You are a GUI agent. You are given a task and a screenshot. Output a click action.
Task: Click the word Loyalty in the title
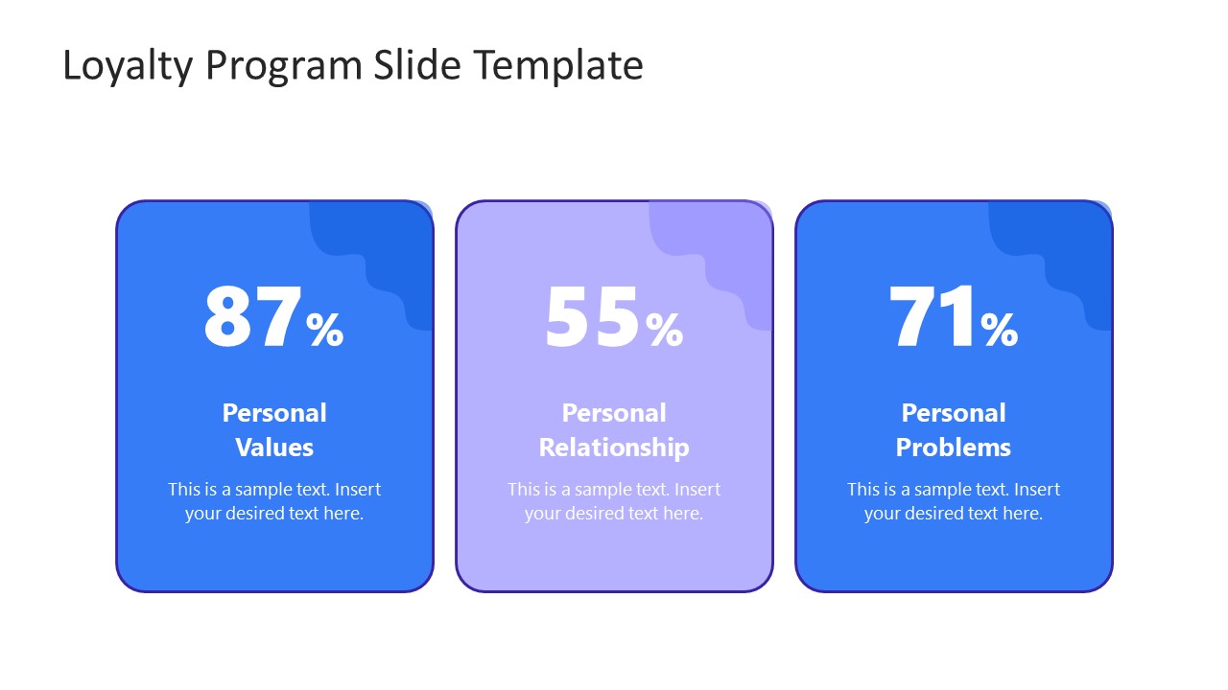128,66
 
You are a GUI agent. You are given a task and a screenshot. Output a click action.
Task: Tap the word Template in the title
558,66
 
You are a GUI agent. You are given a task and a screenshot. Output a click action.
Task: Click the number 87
252,318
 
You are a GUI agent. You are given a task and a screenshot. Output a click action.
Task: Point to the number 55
592,318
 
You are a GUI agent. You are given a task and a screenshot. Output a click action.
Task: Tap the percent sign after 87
325,330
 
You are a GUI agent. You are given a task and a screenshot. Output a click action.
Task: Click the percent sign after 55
665,330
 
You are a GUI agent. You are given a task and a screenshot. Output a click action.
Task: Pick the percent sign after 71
1000,330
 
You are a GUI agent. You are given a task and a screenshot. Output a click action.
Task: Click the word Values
274,448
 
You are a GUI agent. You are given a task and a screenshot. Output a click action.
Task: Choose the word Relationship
614,448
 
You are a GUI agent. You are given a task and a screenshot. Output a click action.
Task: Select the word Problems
954,448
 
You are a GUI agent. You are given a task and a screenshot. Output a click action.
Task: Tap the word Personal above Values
274,413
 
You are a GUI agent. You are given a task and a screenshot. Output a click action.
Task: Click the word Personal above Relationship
614,413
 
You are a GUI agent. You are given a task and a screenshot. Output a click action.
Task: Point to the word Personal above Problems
954,413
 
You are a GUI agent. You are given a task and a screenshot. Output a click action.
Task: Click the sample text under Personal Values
274,501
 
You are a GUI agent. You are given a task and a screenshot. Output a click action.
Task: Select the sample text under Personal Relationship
614,501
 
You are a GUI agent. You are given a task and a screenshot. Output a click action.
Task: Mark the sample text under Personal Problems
954,501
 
